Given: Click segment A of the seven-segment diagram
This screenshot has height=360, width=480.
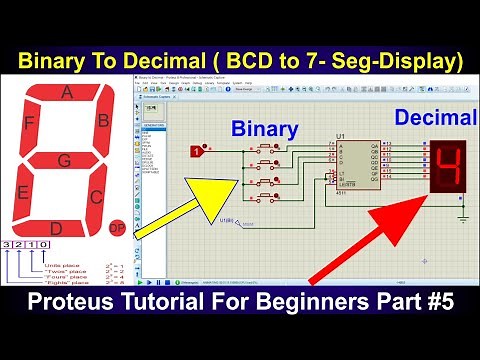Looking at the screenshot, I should coord(67,94).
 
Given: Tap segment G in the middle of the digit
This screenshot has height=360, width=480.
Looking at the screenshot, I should coord(64,160).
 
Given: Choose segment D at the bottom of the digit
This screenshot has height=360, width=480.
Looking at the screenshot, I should coord(57,229).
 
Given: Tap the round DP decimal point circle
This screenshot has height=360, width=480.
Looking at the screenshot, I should coord(117,229).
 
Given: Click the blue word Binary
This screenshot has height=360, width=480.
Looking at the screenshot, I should coord(264,130).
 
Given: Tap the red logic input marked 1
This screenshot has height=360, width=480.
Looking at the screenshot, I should coord(196,151).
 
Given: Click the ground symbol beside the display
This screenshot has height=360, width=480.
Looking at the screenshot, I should coord(463,213).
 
